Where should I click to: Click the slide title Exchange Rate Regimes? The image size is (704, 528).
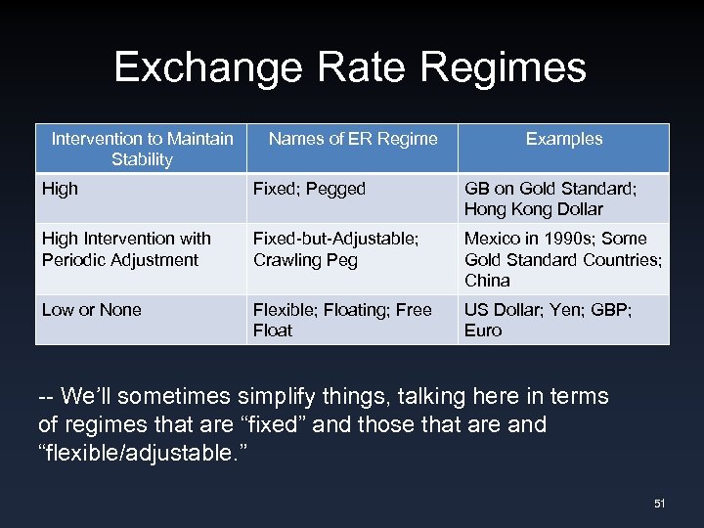(x=350, y=67)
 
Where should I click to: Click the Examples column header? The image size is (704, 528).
(x=564, y=139)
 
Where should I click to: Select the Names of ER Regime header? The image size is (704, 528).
(x=353, y=139)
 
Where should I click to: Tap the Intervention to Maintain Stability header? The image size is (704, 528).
(x=142, y=149)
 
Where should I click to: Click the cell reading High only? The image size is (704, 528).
(x=60, y=189)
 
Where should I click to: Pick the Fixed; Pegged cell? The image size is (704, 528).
(x=309, y=189)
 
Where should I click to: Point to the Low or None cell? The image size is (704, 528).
(x=92, y=310)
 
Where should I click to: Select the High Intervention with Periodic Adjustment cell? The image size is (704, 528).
(x=126, y=248)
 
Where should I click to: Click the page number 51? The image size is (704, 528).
(x=659, y=504)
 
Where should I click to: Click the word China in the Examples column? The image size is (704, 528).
(x=487, y=281)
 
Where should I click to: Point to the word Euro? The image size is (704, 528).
(x=483, y=330)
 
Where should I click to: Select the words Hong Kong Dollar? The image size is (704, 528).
(x=534, y=209)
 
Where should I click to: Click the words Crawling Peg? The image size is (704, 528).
(x=305, y=260)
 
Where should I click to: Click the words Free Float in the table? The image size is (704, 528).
(x=342, y=320)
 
